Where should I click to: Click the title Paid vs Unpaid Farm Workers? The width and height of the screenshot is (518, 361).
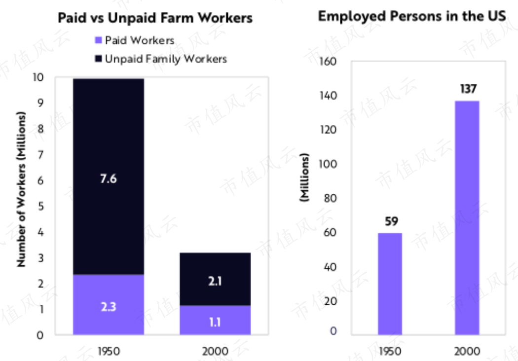click(x=155, y=18)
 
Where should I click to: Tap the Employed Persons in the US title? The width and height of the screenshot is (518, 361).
click(x=411, y=16)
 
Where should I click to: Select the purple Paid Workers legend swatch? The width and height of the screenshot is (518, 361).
click(x=98, y=40)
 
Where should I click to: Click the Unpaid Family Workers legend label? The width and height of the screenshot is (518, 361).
click(x=166, y=59)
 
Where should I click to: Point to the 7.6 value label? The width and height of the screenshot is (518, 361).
click(x=109, y=179)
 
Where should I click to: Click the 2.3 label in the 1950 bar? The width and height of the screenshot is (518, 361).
click(x=109, y=307)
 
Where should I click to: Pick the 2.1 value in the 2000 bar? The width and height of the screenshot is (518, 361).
click(x=215, y=281)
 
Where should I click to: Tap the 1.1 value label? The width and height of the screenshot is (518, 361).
click(x=215, y=322)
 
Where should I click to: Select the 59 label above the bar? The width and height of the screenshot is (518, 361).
click(x=392, y=221)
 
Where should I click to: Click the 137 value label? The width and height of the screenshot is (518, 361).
click(x=468, y=89)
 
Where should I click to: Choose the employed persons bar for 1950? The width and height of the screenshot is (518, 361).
click(x=390, y=284)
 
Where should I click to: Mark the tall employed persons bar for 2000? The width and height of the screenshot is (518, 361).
click(x=467, y=218)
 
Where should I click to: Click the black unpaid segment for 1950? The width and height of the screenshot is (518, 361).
click(x=109, y=177)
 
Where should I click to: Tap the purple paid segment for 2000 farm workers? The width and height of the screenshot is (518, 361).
click(x=215, y=320)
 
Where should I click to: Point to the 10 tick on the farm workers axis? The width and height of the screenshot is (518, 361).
click(x=38, y=77)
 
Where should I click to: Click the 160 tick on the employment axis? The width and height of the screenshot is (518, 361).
click(x=328, y=62)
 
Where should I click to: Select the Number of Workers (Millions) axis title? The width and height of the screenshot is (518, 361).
click(x=21, y=189)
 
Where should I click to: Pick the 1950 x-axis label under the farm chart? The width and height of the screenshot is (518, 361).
click(x=109, y=352)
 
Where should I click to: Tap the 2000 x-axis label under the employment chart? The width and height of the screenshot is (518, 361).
click(x=467, y=352)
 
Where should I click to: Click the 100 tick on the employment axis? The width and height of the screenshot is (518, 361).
click(x=328, y=164)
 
